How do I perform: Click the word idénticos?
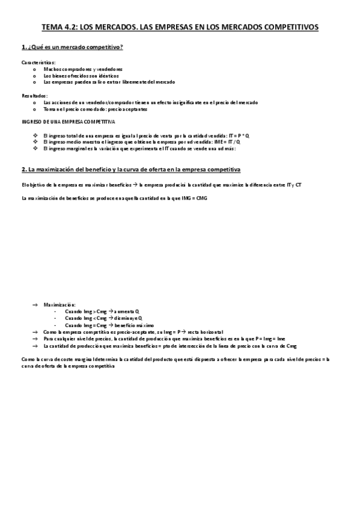[x=107, y=76]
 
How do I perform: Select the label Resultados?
[x=35, y=96]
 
